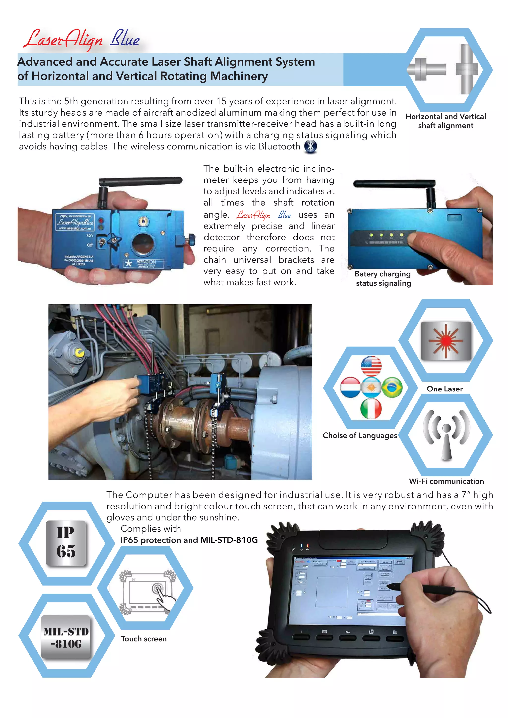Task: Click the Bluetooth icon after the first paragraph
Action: pyautogui.click(x=310, y=146)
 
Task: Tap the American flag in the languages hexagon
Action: pyautogui.click(x=371, y=366)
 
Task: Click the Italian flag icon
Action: pyautogui.click(x=371, y=408)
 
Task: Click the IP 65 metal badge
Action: pyautogui.click(x=66, y=543)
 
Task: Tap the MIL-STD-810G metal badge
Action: pyautogui.click(x=66, y=638)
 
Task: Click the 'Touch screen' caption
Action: pyautogui.click(x=144, y=639)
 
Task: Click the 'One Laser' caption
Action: pyautogui.click(x=444, y=389)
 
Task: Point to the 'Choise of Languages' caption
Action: pyautogui.click(x=360, y=436)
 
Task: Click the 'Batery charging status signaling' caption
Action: pyautogui.click(x=383, y=278)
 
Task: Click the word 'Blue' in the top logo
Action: pyautogui.click(x=125, y=39)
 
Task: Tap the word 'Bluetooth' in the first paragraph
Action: pyautogui.click(x=279, y=146)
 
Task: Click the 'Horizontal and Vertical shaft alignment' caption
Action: pyautogui.click(x=445, y=121)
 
